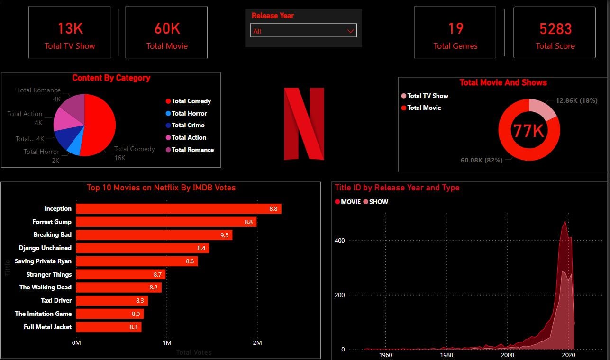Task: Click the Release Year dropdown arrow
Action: [351, 31]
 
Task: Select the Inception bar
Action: [179, 209]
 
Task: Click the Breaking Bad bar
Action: [154, 235]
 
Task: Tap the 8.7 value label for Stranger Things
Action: [158, 275]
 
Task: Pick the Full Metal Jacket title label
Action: [48, 327]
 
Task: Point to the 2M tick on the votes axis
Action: [257, 342]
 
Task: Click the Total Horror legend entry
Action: [189, 113]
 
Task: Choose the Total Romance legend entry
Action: [192, 150]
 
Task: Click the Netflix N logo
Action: [304, 123]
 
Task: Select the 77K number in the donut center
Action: [528, 130]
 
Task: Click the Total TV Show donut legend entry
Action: [427, 96]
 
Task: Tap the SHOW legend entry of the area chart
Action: [378, 202]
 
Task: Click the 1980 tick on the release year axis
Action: [446, 355]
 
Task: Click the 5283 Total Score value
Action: [555, 29]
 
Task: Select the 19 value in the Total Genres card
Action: [455, 29]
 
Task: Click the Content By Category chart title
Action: [111, 78]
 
